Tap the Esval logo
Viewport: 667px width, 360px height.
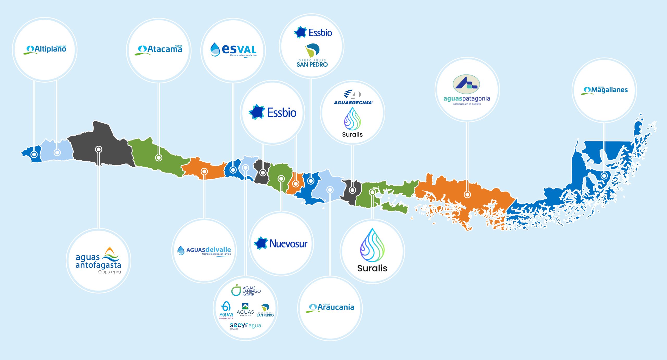click(233, 50)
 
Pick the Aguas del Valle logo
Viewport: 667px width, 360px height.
click(204, 251)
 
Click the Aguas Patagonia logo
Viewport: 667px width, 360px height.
click(467, 90)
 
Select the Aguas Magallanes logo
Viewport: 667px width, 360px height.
click(604, 90)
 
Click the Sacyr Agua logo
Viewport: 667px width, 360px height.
click(245, 326)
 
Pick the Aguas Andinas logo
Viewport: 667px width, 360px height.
click(245, 309)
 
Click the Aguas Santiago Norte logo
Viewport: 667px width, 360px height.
click(246, 290)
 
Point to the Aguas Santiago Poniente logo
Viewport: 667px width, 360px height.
click(226, 310)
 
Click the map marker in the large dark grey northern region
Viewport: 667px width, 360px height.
click(98, 149)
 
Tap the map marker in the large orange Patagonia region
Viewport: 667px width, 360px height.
click(467, 194)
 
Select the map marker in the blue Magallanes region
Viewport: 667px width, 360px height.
click(604, 176)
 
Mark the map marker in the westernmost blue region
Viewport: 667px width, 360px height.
click(34, 154)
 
